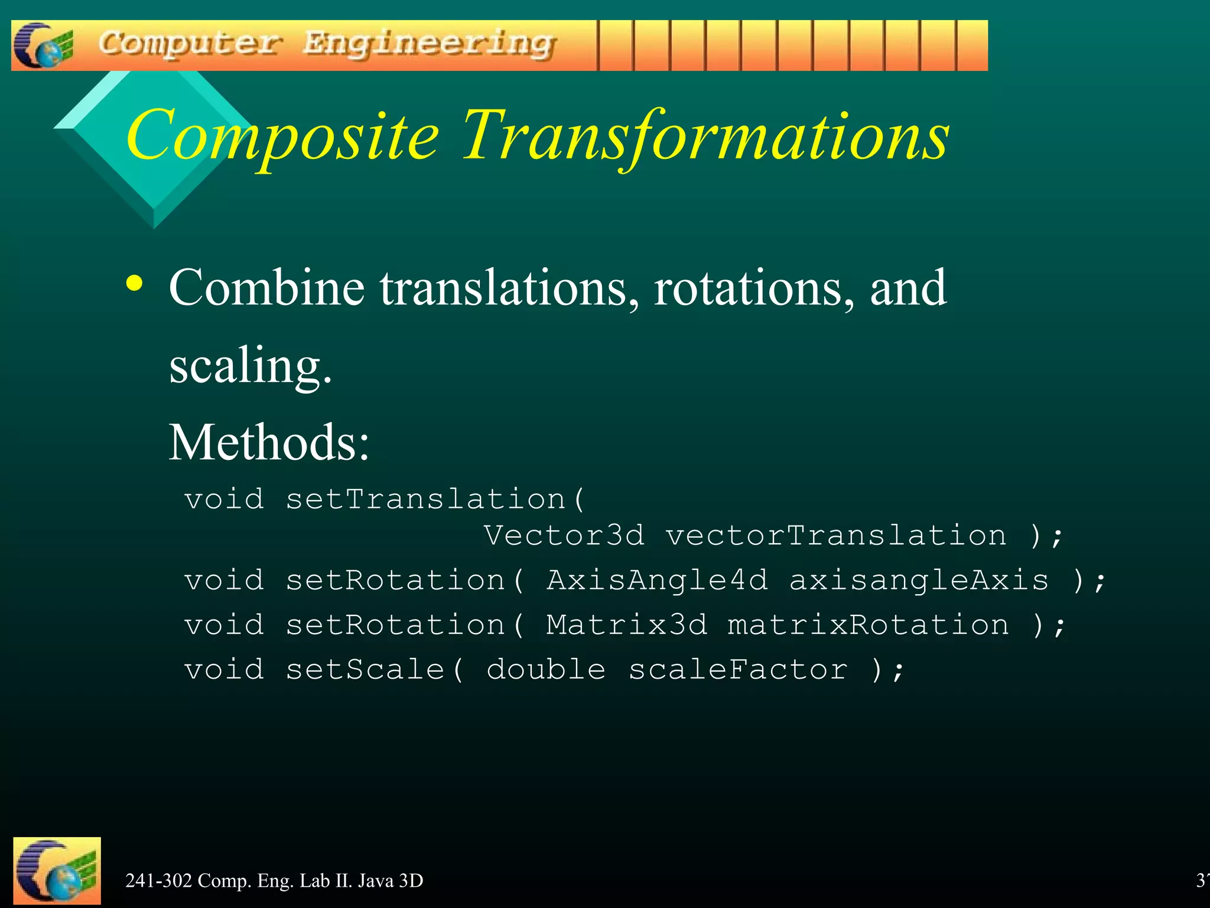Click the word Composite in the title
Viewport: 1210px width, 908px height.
click(x=282, y=137)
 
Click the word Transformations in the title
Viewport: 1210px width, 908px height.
click(x=705, y=137)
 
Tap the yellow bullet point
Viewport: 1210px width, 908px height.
click(x=135, y=284)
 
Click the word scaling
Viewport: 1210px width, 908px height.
click(x=250, y=367)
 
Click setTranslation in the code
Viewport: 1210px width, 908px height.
click(x=425, y=500)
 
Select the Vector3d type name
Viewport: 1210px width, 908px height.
click(x=564, y=536)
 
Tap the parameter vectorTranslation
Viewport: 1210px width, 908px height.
click(x=836, y=536)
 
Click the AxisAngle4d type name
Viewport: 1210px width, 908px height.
click(x=657, y=580)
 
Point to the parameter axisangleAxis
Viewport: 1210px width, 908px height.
click(x=919, y=580)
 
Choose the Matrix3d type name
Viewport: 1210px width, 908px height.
click(x=626, y=625)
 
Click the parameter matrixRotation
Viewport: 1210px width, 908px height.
click(x=869, y=625)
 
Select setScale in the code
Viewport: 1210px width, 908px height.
click(x=365, y=670)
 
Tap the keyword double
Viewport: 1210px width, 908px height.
click(x=546, y=670)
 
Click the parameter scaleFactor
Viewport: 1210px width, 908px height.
click(x=737, y=670)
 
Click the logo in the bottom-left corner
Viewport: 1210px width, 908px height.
click(x=57, y=871)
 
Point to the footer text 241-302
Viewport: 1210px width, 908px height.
click(x=159, y=881)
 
